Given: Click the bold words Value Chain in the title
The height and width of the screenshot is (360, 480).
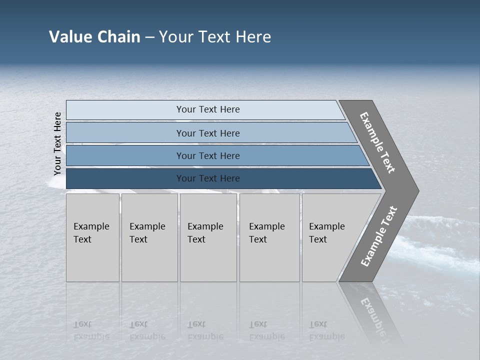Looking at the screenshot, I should tap(94, 37).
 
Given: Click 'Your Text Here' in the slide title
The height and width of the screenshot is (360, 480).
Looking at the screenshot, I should tap(215, 37).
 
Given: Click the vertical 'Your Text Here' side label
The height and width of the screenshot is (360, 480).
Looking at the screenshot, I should tap(57, 143).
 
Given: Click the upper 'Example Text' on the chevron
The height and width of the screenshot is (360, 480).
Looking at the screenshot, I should tap(377, 142).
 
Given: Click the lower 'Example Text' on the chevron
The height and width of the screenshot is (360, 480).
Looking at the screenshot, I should tap(379, 236).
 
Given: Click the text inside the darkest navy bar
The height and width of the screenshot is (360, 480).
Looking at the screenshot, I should tap(208, 178).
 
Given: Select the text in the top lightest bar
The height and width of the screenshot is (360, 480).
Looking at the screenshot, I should tap(208, 109).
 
